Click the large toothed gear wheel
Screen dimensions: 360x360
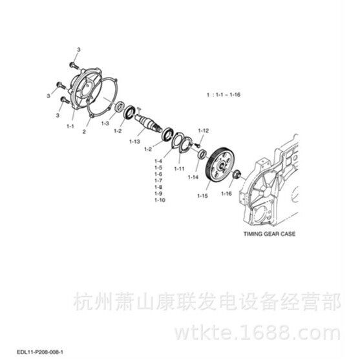point(220,165)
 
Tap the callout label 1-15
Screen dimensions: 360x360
point(202,196)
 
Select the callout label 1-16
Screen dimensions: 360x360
point(226,193)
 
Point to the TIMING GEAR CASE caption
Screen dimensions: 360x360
point(270,234)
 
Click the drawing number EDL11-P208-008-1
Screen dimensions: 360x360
point(40,352)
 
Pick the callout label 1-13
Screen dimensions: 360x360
point(134,142)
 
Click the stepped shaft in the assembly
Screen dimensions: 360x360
point(148,123)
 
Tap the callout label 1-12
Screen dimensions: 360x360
point(204,131)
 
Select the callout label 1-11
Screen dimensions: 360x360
point(179,169)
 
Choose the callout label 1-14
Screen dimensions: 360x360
point(193,177)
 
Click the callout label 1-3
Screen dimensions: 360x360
point(105,123)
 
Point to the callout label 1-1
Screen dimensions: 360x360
point(70,126)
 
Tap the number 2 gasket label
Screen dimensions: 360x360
point(84,132)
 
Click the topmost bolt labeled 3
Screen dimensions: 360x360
point(74,65)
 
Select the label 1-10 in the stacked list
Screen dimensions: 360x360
point(160,200)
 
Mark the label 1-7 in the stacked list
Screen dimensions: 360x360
point(158,180)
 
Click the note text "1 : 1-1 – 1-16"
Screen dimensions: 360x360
point(224,94)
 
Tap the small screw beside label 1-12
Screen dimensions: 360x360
point(196,145)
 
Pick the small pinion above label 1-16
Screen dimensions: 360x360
point(237,175)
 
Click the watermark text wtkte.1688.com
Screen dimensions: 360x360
point(258,332)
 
